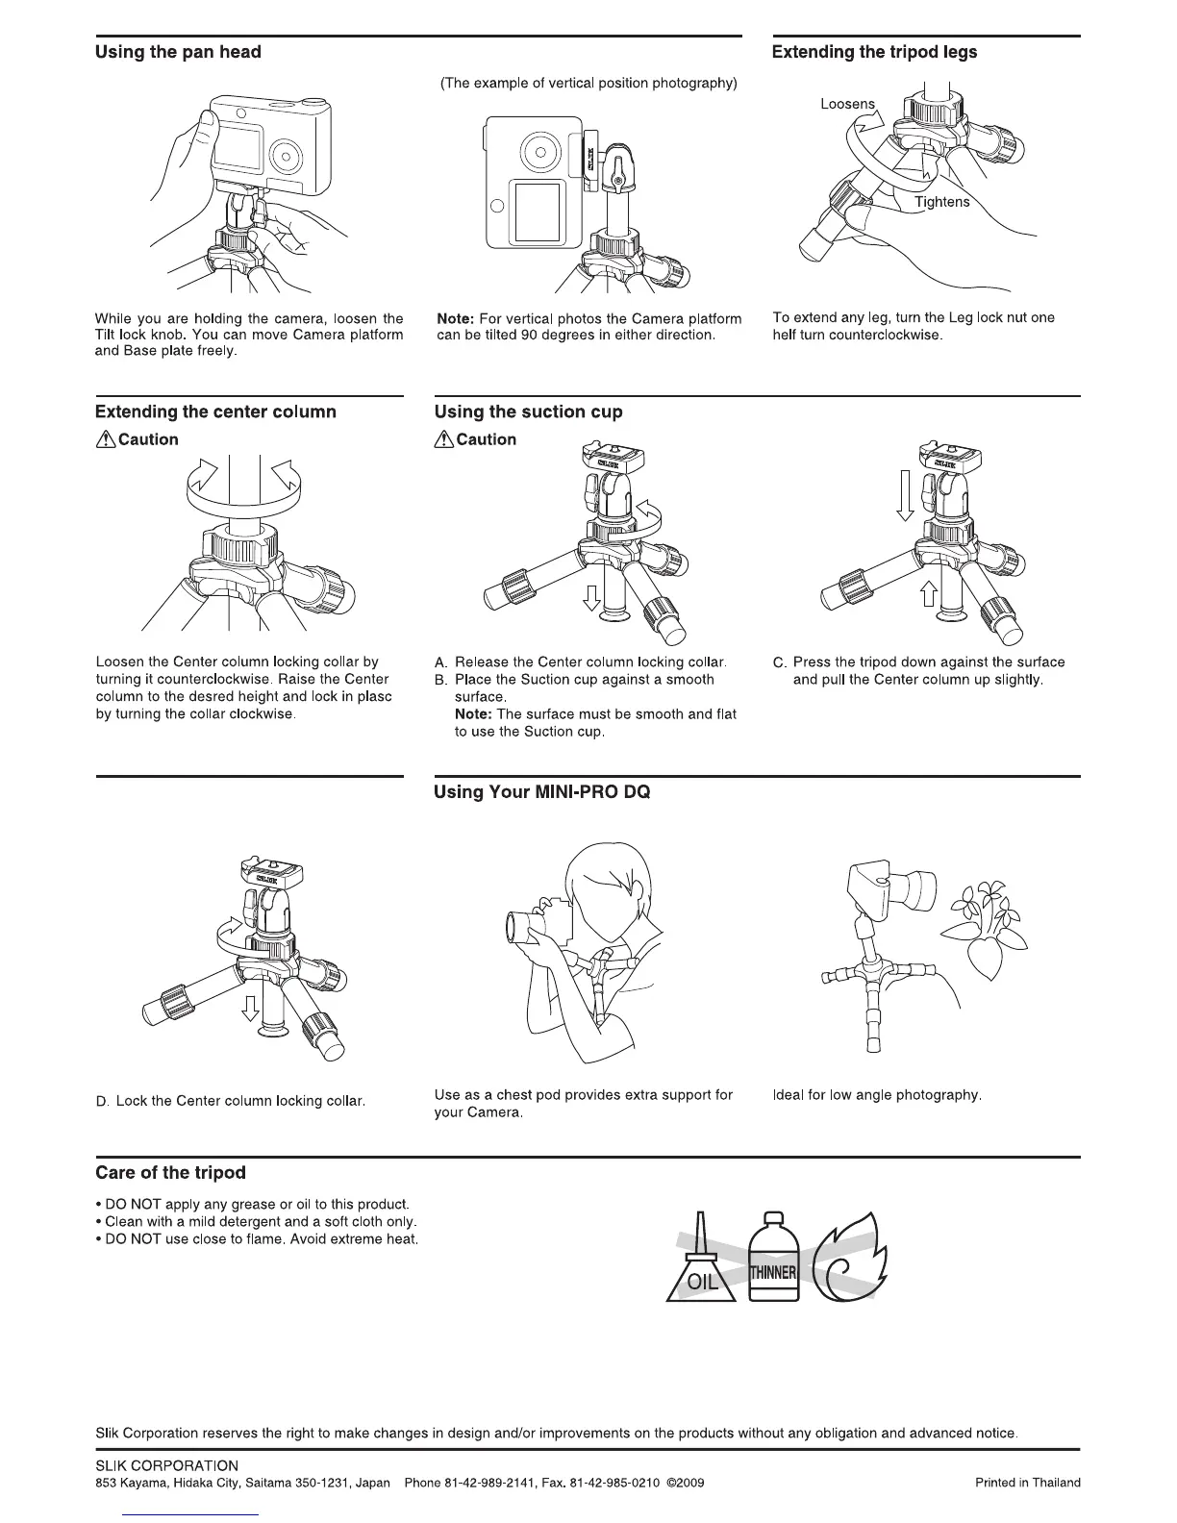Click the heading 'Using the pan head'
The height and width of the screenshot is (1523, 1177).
pos(178,52)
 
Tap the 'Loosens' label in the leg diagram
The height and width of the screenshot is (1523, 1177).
pos(847,104)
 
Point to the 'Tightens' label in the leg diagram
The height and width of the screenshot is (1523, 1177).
pos(941,202)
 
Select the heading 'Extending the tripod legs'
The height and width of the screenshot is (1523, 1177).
pos(874,52)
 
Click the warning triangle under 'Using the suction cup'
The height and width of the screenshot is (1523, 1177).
pos(443,440)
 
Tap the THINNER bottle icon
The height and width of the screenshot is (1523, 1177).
pos(773,1260)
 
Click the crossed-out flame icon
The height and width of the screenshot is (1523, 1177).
pos(850,1261)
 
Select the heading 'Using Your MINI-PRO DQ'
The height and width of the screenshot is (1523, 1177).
pos(541,792)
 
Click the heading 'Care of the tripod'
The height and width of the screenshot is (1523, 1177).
pos(170,1173)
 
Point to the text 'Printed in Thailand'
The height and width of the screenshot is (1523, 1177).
pos(1027,1510)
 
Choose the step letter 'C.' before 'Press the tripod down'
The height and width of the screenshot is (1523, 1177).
pos(780,662)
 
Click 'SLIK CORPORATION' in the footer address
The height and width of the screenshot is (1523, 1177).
pos(166,1492)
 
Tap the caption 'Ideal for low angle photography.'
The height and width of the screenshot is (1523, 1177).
pos(876,1095)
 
